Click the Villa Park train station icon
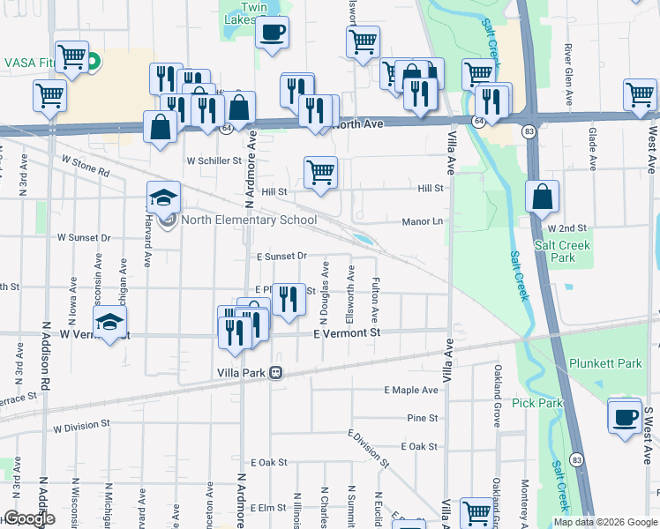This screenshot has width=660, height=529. [276, 373]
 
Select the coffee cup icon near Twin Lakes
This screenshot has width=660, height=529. [272, 33]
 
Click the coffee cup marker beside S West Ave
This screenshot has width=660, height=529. [626, 416]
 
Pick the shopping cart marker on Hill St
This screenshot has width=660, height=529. [320, 172]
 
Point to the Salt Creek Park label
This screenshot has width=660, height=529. [554, 251]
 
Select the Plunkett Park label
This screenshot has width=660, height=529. [618, 363]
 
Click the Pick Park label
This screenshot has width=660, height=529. [536, 403]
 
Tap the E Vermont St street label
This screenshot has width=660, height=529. [346, 333]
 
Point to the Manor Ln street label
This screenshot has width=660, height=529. [422, 222]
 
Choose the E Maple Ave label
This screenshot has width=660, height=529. [411, 390]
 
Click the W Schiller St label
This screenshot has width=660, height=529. [214, 160]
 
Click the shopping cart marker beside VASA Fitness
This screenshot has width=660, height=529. [71, 57]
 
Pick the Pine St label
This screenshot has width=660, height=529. [423, 418]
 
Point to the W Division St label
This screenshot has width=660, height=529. [80, 426]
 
